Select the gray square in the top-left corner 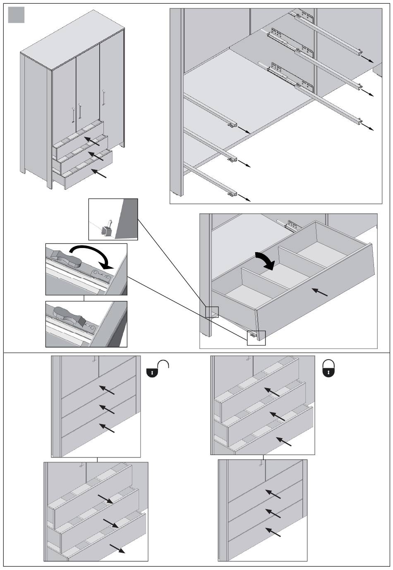(17, 15)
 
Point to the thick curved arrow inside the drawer (265, 260)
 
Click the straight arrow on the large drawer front (319, 292)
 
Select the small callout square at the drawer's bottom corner (256, 338)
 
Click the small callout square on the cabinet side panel (212, 312)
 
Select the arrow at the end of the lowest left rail (244, 198)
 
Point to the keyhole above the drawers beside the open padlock (95, 360)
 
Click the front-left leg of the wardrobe (50, 182)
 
